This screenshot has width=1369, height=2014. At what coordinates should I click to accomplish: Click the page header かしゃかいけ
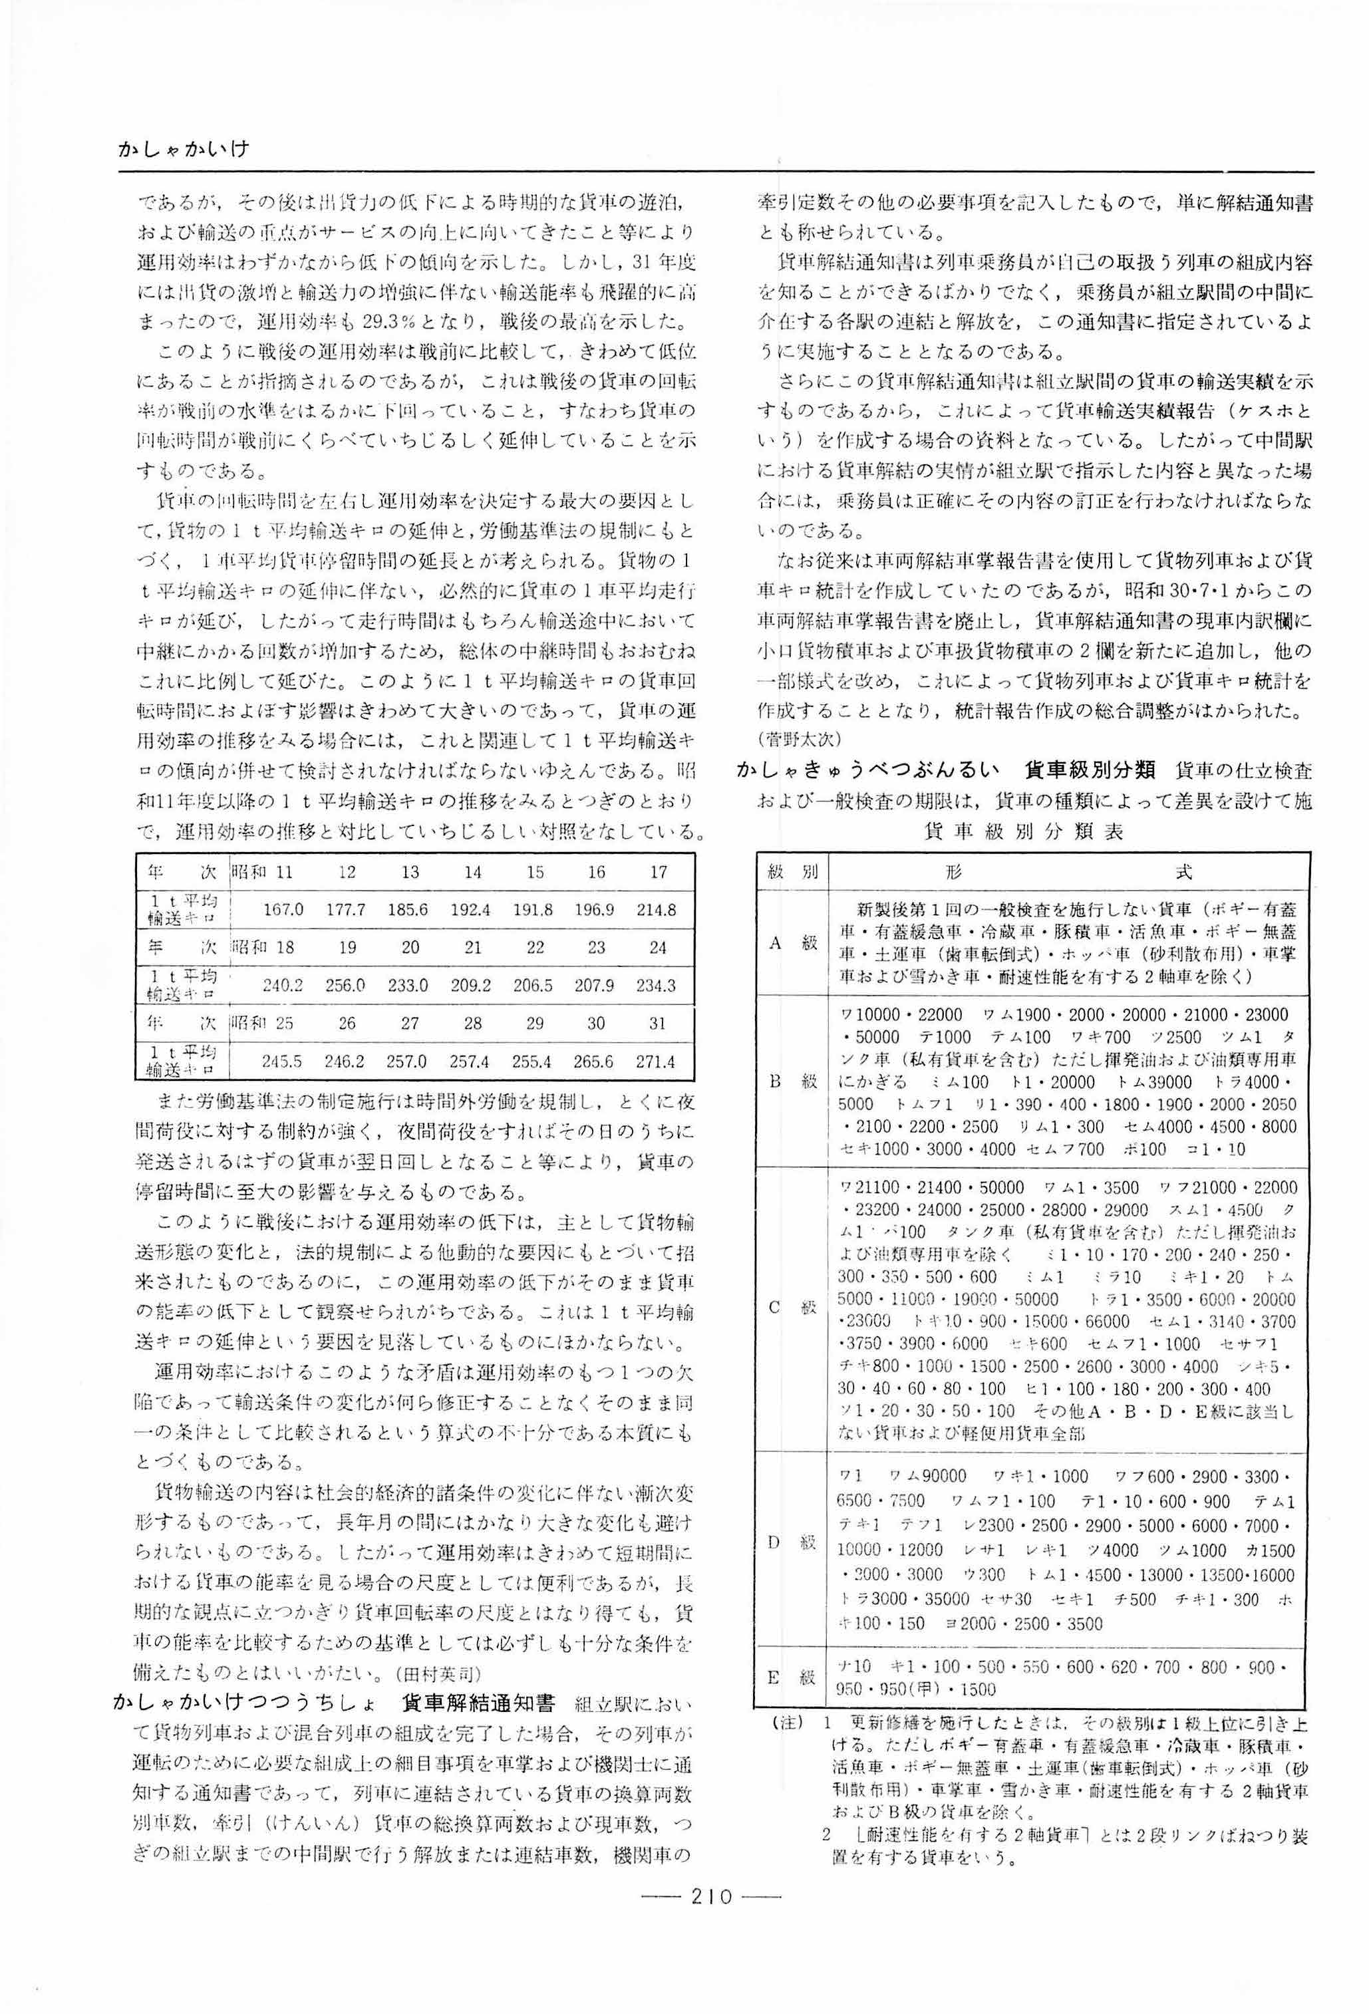tap(184, 149)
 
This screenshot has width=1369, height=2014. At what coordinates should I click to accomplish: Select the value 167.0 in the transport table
tap(283, 910)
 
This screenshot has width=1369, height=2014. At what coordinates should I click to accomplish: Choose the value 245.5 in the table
tap(283, 1062)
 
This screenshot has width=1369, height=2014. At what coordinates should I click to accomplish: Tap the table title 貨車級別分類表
tap(1024, 832)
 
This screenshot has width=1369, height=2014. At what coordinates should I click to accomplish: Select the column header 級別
tap(792, 872)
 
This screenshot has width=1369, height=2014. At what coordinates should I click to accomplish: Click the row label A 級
tap(792, 943)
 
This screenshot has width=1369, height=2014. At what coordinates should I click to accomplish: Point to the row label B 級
tap(792, 1081)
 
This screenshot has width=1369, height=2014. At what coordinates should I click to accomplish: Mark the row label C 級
tap(792, 1308)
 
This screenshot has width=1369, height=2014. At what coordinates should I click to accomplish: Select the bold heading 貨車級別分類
tap(1089, 770)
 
